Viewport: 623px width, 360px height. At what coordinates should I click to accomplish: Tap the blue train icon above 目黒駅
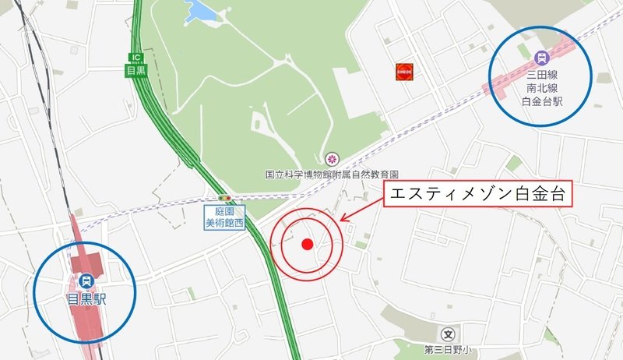pyautogui.click(x=84, y=281)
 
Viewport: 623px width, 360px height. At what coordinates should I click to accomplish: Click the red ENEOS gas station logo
pyautogui.click(x=403, y=70)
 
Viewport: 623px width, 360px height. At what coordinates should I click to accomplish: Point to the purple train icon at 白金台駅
pyautogui.click(x=542, y=57)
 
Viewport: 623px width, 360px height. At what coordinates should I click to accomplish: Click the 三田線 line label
pyautogui.click(x=542, y=76)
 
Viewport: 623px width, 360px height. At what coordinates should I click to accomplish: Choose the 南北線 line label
pyautogui.click(x=542, y=89)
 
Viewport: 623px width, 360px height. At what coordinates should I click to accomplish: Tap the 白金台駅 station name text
pyautogui.click(x=542, y=102)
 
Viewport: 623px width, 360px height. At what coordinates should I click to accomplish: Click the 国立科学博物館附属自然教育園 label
pyautogui.click(x=332, y=175)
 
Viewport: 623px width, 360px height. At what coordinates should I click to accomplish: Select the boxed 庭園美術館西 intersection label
pyautogui.click(x=225, y=217)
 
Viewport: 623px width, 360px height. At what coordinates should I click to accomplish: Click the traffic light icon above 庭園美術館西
pyautogui.click(x=225, y=199)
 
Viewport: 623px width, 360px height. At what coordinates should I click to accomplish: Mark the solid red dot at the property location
pyautogui.click(x=307, y=244)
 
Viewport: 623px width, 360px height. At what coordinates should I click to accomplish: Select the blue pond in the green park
pyautogui.click(x=203, y=11)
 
